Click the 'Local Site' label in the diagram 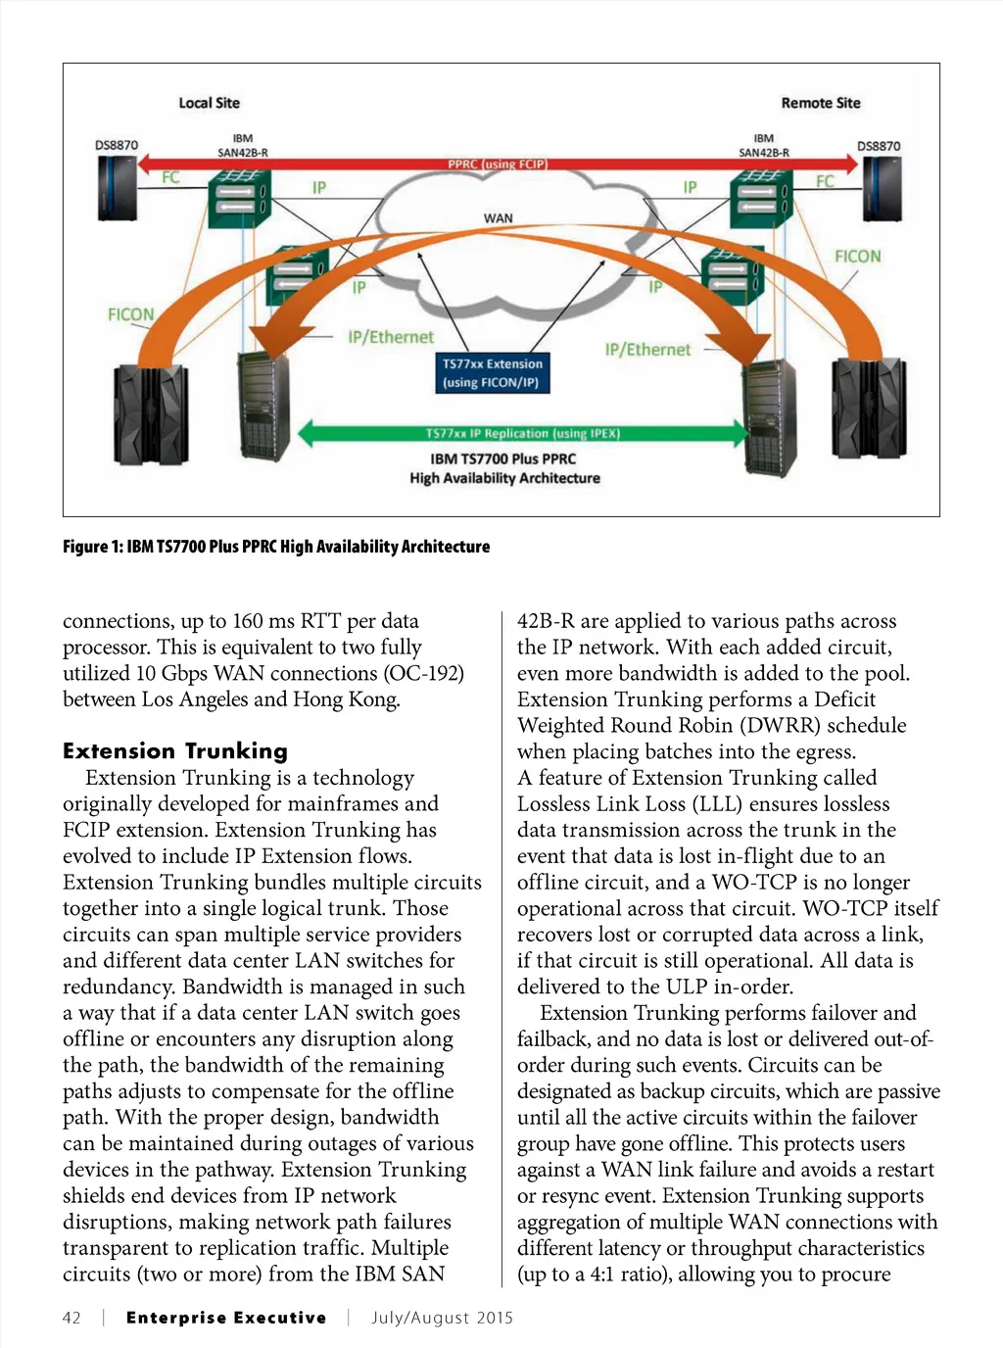209,103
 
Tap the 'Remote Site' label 820,103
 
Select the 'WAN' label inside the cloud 498,217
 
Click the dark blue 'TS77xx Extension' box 492,373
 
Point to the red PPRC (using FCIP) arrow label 498,164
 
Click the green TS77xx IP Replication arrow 522,433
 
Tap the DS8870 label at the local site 117,145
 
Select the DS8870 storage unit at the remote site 881,189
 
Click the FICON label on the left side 130,314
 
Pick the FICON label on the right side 857,257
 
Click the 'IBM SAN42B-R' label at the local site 242,146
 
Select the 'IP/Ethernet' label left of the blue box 391,337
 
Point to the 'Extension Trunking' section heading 175,751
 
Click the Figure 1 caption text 276,547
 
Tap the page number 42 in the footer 72,1318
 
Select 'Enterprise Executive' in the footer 226,1318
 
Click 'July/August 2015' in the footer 442,1318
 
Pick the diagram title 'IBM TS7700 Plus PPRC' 503,458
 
